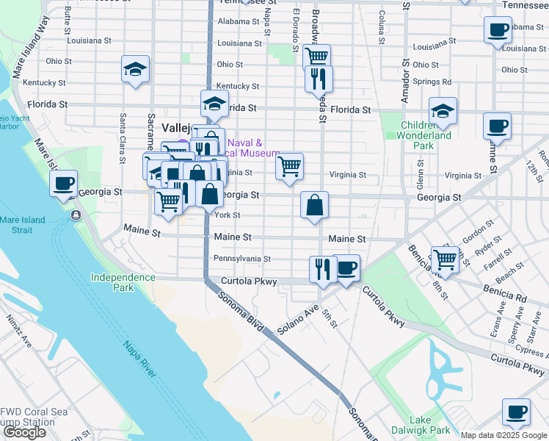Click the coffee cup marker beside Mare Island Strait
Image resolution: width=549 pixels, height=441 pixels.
pyautogui.click(x=64, y=184)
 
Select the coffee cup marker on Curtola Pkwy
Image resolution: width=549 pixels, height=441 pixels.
pyautogui.click(x=346, y=269)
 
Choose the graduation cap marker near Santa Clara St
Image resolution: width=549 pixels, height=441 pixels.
pyautogui.click(x=136, y=70)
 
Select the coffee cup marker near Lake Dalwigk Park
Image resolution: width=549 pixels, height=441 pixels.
pyautogui.click(x=516, y=412)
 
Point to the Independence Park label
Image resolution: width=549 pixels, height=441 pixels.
pyautogui.click(x=123, y=282)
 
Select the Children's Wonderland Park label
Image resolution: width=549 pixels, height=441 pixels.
pyautogui.click(x=424, y=135)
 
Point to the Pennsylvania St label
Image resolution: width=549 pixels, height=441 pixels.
pyautogui.click(x=242, y=259)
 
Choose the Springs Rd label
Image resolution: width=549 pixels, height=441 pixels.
pyautogui.click(x=432, y=82)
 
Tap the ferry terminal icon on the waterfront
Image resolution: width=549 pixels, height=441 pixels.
pyautogui.click(x=76, y=215)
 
